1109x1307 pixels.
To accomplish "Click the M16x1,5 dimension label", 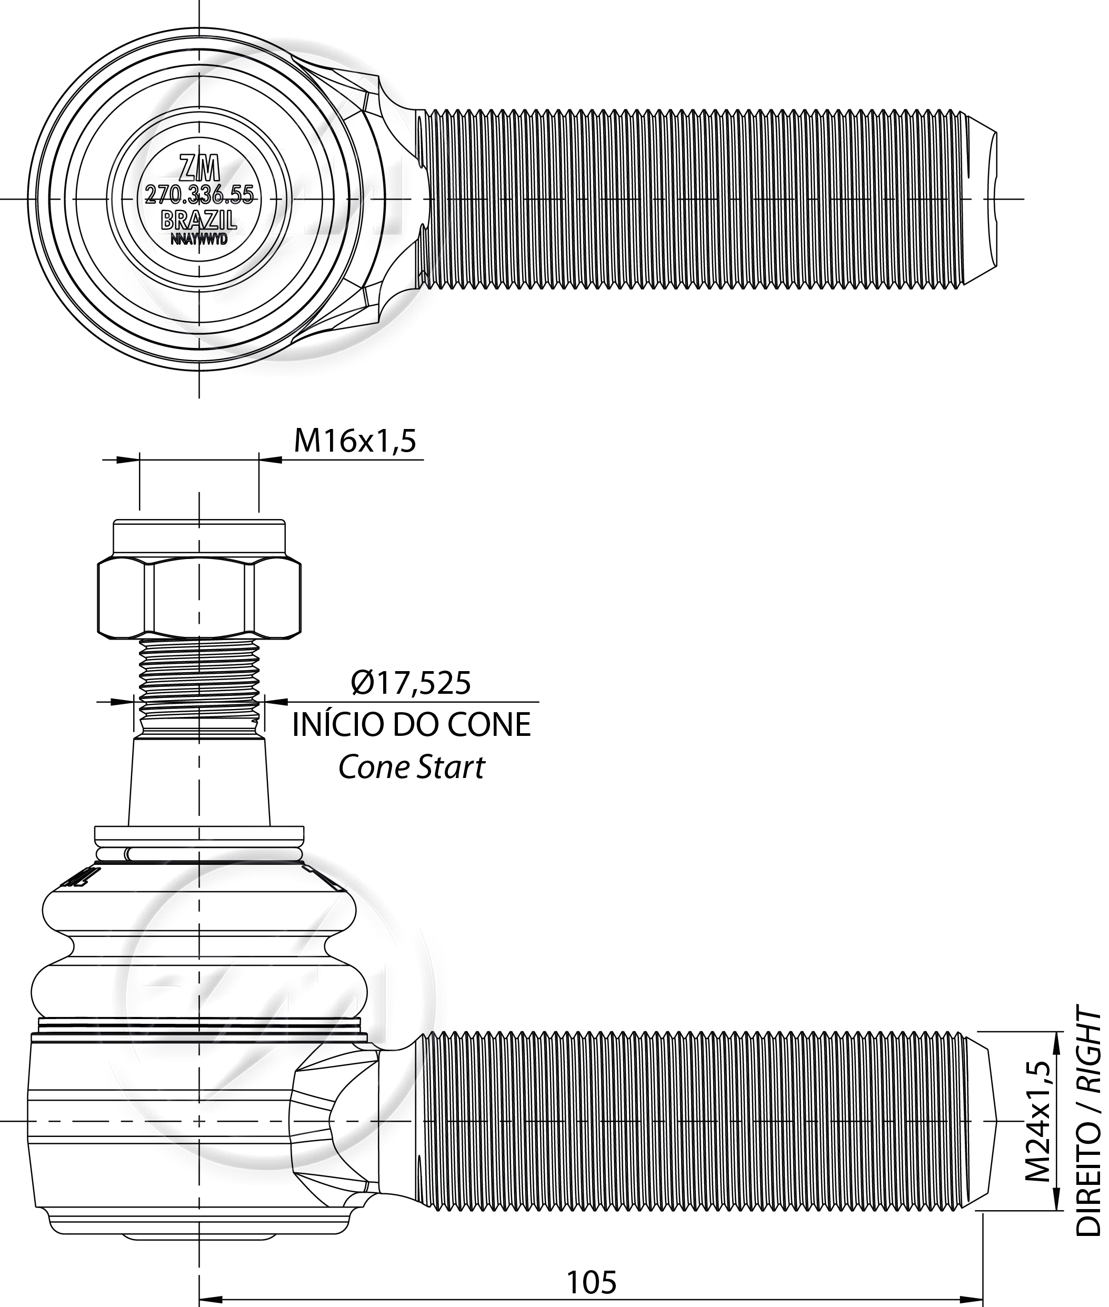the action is [x=355, y=441].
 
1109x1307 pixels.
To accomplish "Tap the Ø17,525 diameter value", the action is [x=411, y=683].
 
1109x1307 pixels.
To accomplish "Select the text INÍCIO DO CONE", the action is [x=412, y=725].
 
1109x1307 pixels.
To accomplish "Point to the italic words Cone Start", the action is [x=412, y=767].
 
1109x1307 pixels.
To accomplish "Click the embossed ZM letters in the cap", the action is [x=199, y=168].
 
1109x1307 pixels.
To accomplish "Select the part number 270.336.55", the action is [x=199, y=195].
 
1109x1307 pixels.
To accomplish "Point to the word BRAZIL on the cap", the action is [x=199, y=220].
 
